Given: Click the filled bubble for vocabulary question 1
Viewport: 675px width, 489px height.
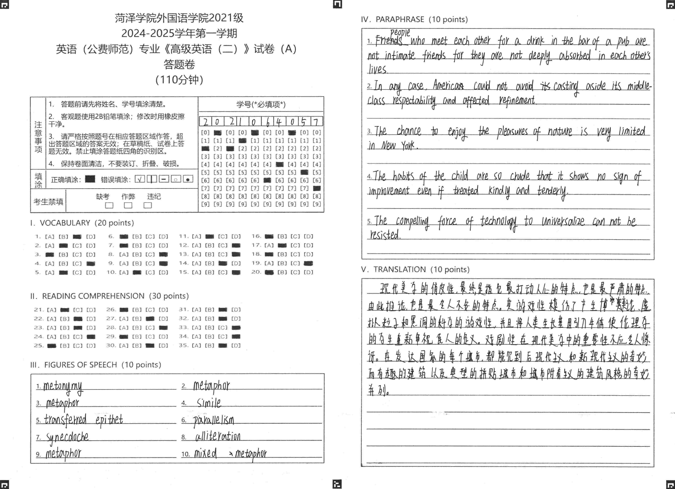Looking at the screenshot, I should pyautogui.click(x=77, y=237).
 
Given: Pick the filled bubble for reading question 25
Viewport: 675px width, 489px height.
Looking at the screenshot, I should pyautogui.click(x=52, y=345).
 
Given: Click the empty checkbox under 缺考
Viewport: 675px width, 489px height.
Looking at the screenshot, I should pyautogui.click(x=109, y=205).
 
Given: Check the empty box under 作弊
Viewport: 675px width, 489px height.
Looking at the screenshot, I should pyautogui.click(x=128, y=205).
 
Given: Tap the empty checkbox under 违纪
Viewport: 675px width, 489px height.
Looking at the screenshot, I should pyautogui.click(x=148, y=205).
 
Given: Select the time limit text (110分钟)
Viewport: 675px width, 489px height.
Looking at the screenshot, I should pyautogui.click(x=179, y=80).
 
